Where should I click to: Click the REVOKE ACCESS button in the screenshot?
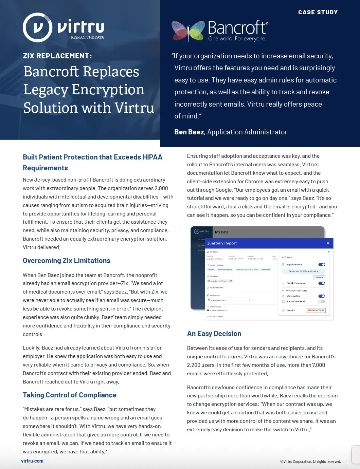pyautogui.click(x=316, y=310)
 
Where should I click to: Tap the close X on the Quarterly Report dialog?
pyautogui.click(x=328, y=243)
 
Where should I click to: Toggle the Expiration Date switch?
pyautogui.click(x=322, y=265)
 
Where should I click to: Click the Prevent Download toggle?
pyautogui.click(x=322, y=301)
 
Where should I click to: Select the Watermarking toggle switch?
pyautogui.click(x=322, y=296)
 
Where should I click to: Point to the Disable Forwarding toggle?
pyautogui.click(x=322, y=283)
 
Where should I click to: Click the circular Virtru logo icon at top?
pyautogui.click(x=37, y=27)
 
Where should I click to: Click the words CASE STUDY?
pyautogui.click(x=318, y=12)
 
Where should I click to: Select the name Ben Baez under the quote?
pyautogui.click(x=189, y=132)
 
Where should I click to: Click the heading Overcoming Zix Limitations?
pyautogui.click(x=67, y=261)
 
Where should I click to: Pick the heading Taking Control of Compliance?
pyautogui.click(x=70, y=395)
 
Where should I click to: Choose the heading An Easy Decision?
pyautogui.click(x=214, y=334)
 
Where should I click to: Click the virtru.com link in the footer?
pyautogui.click(x=32, y=461)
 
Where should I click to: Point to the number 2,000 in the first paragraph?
pyautogui.click(x=161, y=188)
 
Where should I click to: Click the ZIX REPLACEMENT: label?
pyautogui.click(x=57, y=56)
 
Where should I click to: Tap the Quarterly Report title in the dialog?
pyautogui.click(x=221, y=243)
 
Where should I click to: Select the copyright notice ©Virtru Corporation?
pyautogui.click(x=310, y=462)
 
